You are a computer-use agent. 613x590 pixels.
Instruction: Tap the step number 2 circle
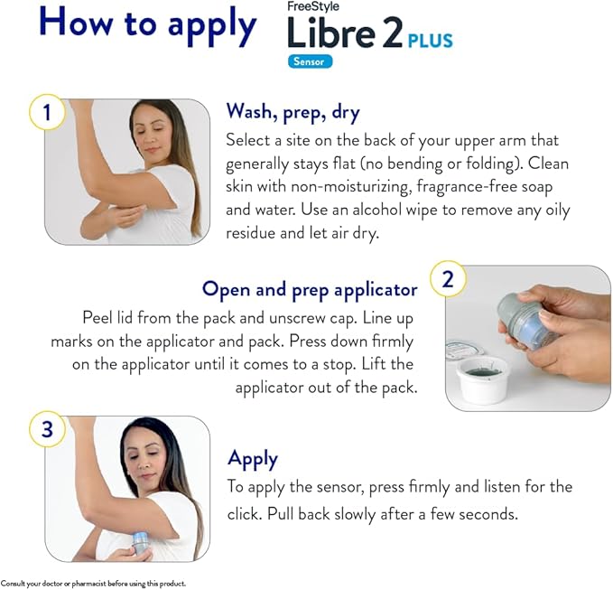click(449, 279)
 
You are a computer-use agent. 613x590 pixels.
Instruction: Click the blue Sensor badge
click(311, 62)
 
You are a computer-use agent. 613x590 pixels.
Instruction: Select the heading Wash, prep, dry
click(293, 112)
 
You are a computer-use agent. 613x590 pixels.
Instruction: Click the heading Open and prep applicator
click(310, 289)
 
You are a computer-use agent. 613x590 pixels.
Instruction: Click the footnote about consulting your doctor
click(93, 583)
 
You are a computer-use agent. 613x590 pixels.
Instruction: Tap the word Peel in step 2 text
click(98, 318)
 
